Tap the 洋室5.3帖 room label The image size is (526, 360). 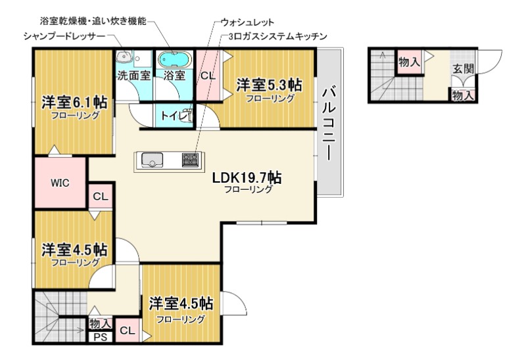coord(269,85)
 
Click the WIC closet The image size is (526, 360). coord(60,183)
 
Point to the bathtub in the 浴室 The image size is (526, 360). coord(174,60)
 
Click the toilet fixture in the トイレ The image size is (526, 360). coord(186,116)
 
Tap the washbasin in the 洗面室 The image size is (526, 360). coord(126,58)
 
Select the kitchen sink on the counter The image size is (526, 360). coord(153,160)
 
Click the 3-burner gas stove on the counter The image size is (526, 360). coord(190,160)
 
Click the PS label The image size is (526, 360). coord(100,338)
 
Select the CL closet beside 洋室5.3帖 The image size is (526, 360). coord(208,76)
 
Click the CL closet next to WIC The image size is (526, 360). coord(100,196)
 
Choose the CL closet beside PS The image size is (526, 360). coord(128,331)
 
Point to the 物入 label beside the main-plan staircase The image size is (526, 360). coord(100,324)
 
